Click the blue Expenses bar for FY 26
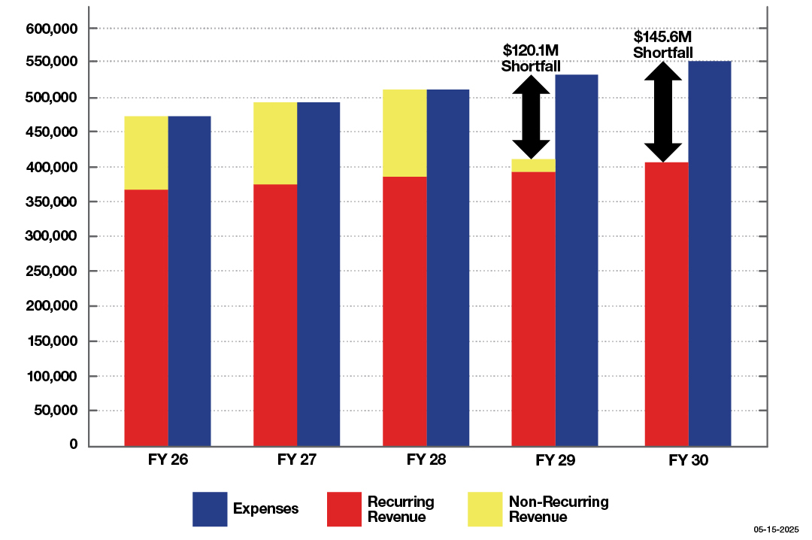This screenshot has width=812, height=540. click(189, 281)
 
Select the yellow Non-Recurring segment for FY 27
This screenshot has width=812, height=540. click(275, 143)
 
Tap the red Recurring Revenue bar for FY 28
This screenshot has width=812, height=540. click(404, 311)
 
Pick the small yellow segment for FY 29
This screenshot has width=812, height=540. click(533, 165)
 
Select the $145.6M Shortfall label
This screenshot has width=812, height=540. click(662, 44)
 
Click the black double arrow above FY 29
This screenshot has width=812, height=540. click(533, 116)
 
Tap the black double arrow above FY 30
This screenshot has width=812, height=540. click(662, 111)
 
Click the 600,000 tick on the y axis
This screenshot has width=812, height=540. click(52, 29)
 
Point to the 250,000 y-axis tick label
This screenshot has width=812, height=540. click(52, 272)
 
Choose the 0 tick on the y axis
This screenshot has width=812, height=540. click(74, 444)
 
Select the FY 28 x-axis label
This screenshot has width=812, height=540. click(426, 460)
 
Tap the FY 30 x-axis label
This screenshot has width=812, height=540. click(688, 460)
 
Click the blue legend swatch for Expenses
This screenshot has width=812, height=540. click(210, 509)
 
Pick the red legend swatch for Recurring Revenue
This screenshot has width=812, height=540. click(344, 509)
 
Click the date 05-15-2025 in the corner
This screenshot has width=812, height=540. click(777, 529)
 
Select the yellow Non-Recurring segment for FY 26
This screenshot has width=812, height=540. click(146, 153)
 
